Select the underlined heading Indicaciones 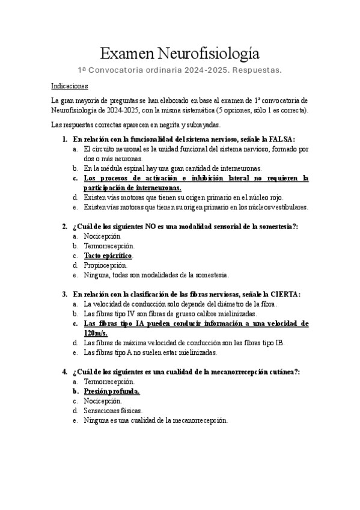click(69, 86)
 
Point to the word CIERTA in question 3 click(282, 294)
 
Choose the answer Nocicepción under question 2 click(102, 236)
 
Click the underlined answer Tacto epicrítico click(108, 256)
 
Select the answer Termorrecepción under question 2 click(109, 246)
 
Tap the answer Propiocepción click(106, 265)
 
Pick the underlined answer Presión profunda click(112, 392)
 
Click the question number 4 click(64, 372)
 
